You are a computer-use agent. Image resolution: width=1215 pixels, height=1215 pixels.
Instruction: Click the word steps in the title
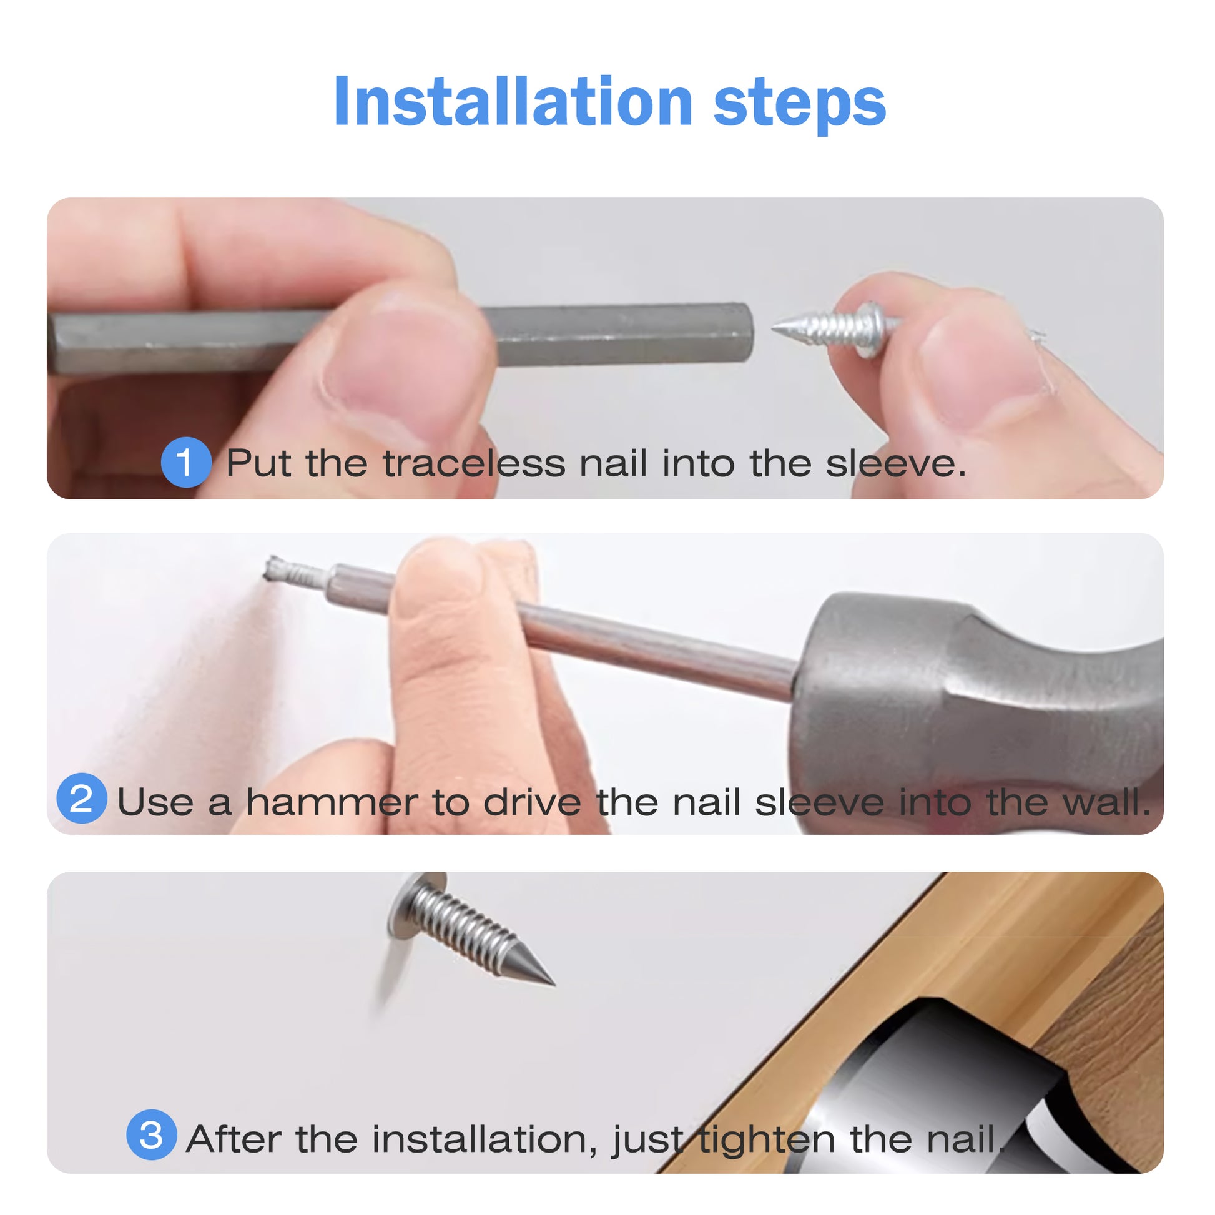coord(799,106)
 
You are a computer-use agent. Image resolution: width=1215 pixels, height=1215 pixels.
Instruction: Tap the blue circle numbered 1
coord(185,462)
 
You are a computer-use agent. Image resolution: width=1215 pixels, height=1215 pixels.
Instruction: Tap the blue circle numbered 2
coord(81,798)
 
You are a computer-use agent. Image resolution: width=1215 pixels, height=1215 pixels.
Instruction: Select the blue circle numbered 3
coord(152,1134)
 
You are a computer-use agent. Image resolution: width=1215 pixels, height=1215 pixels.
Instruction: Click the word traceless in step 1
coord(474,463)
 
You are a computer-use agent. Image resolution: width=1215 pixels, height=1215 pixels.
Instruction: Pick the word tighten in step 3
coord(767,1139)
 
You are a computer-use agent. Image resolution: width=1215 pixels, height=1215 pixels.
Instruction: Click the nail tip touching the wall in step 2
coord(268,569)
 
